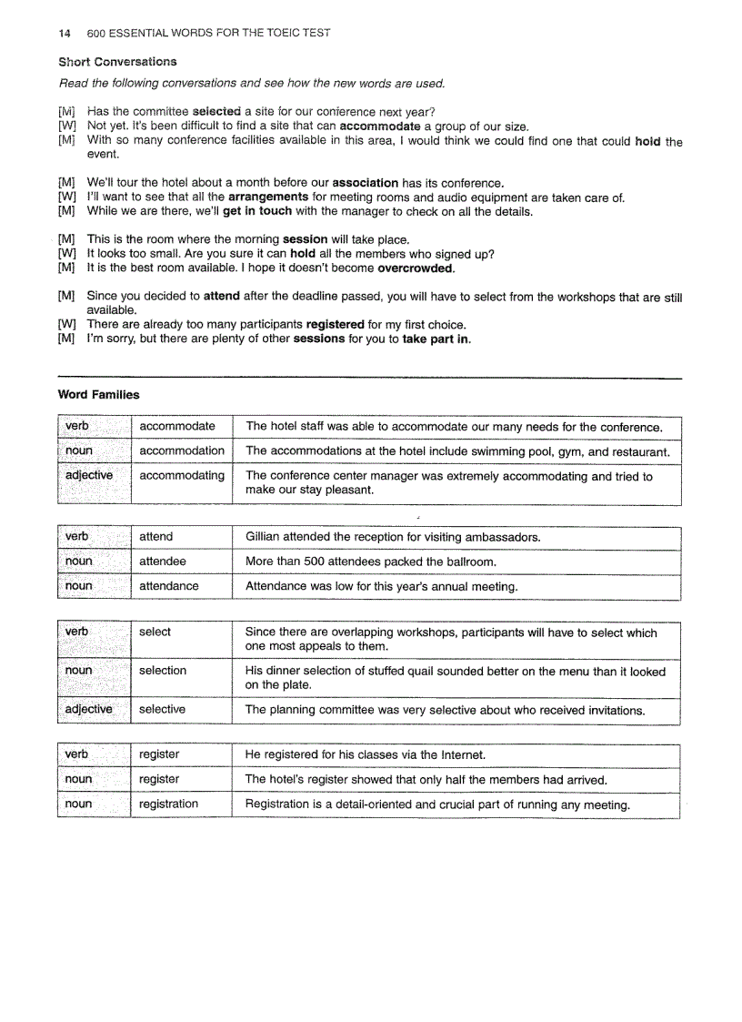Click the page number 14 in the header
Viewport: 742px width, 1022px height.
(x=64, y=33)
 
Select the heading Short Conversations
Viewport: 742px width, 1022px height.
(x=117, y=62)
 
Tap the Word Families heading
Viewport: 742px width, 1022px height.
(x=98, y=394)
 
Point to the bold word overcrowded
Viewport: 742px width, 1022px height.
(x=416, y=268)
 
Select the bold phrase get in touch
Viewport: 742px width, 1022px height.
(x=257, y=211)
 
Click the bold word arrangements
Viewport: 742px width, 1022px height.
(x=268, y=197)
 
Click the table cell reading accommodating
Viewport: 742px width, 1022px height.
(x=182, y=475)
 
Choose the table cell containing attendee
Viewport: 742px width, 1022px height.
(x=163, y=562)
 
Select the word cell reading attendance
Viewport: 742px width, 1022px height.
(x=169, y=586)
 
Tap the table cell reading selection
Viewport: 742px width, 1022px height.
(x=163, y=671)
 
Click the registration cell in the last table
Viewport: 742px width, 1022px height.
(x=169, y=804)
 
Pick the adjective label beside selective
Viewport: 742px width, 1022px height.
(x=89, y=709)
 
